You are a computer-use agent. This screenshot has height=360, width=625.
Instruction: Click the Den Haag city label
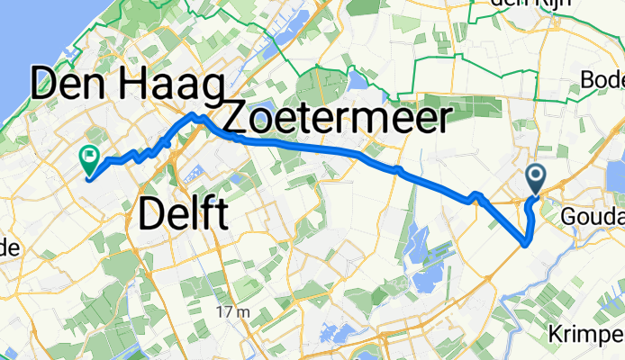[x=126, y=87]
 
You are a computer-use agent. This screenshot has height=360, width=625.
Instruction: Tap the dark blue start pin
[x=536, y=179]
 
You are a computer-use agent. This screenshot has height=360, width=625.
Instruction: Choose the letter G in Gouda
[x=567, y=218]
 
